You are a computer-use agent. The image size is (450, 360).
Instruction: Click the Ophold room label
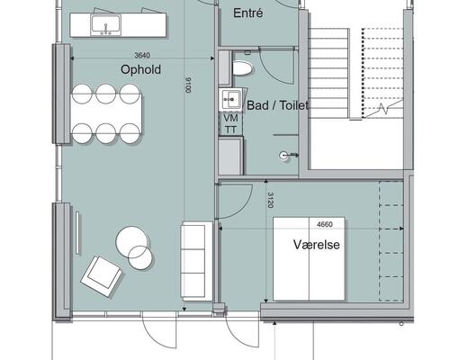point(140,69)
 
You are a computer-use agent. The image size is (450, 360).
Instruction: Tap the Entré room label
point(248,13)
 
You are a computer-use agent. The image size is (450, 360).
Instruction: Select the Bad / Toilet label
point(277,105)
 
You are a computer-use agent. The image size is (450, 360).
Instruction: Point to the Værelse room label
point(317,245)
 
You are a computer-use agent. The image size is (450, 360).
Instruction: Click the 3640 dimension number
point(142,55)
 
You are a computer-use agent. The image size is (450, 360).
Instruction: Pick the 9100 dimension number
point(188,85)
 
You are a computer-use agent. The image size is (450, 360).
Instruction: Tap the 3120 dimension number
point(270,200)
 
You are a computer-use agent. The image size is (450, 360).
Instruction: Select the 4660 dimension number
point(325,224)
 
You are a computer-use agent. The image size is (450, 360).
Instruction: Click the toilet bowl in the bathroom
point(242,68)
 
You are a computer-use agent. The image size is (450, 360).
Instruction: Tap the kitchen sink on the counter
point(106,25)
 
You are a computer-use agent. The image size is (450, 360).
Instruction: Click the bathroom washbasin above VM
point(230,100)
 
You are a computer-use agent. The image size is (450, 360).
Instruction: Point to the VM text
point(230,118)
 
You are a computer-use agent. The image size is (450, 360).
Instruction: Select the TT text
point(230,130)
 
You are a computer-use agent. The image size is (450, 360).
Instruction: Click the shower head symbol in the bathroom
point(284,156)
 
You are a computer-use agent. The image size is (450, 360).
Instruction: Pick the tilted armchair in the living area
point(102,276)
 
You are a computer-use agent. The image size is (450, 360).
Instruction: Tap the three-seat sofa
point(197,261)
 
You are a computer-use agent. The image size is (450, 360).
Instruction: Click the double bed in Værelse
point(309,258)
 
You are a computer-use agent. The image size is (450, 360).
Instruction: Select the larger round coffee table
point(132,242)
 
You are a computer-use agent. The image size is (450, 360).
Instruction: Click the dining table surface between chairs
point(106,113)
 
